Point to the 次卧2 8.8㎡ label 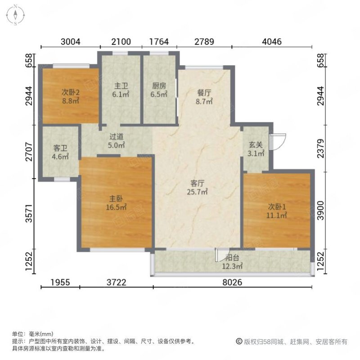(71, 97)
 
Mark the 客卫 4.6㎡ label (60, 152)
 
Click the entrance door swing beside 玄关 (278, 139)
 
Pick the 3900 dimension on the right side (320, 210)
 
